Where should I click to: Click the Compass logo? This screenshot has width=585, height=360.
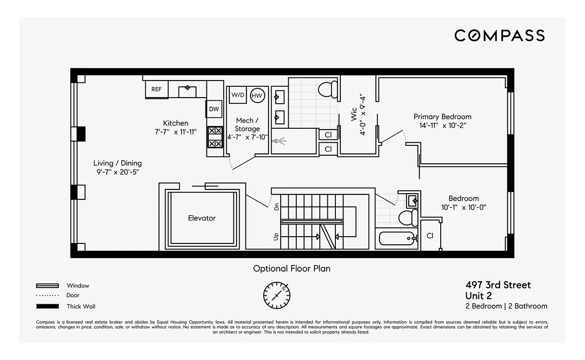[499, 35]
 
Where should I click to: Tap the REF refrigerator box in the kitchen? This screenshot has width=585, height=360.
[156, 89]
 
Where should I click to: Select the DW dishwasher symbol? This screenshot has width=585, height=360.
[214, 109]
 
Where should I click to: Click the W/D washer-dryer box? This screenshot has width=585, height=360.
[237, 95]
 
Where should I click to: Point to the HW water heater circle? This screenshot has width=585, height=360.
[257, 95]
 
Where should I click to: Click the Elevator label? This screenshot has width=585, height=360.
[201, 218]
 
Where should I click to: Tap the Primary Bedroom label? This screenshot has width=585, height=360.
[442, 117]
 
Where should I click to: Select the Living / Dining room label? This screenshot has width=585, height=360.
[117, 163]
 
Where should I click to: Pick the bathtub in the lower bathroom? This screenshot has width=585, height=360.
[397, 238]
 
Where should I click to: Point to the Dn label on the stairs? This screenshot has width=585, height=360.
[277, 207]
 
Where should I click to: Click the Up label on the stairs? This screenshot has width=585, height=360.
[277, 236]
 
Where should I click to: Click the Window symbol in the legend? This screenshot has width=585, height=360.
[47, 285]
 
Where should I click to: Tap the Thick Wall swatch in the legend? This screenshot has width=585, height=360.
[47, 306]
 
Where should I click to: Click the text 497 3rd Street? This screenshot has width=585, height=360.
[498, 285]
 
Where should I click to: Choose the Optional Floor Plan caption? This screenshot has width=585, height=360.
[291, 269]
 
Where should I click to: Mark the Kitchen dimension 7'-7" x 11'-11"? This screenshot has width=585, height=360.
[175, 132]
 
